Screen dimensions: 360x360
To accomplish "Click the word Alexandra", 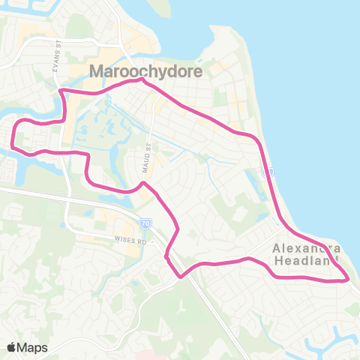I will pos(307,248).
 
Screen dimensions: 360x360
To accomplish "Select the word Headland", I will pos(307,260).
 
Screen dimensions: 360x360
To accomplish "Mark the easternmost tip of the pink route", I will pos(349,280).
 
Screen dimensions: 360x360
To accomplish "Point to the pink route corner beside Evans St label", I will pos(61,91).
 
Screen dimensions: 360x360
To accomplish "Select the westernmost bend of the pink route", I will pos(13,137).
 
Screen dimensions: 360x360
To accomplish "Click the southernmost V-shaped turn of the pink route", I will pos(181,276).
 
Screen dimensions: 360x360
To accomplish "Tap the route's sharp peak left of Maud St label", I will pos(142,182).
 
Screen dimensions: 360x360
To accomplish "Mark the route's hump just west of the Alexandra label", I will pos(252,259).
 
